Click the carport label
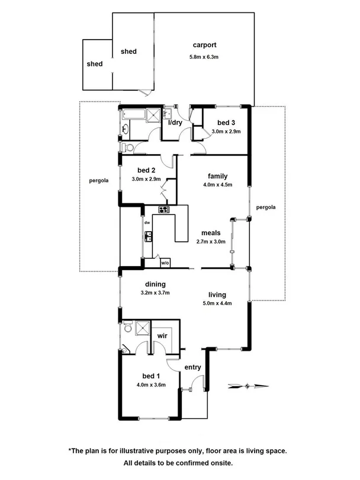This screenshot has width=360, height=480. coord(204,44)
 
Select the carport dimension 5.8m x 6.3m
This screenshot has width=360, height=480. coord(204,57)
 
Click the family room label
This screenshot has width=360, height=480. coord(217,176)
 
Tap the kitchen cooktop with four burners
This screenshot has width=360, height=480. coord(163,209)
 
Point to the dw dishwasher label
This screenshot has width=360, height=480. coord(147,223)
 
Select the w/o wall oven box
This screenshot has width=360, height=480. coord(165,263)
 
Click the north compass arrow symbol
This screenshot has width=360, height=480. coord(246,386)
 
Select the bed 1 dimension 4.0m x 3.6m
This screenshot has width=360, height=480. coord(150,384)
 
